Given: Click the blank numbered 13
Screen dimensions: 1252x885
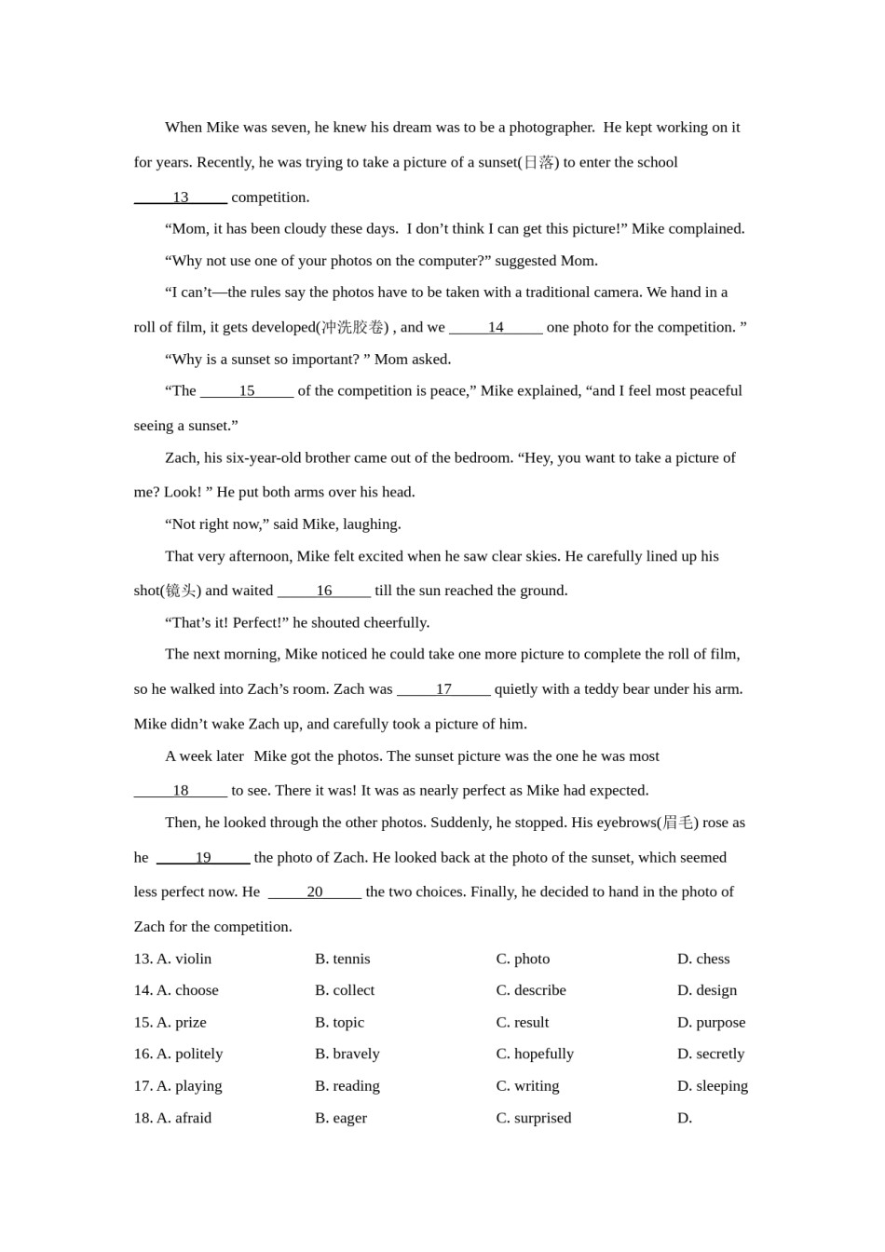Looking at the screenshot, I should (181, 197).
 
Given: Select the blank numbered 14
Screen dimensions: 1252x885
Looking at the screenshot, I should (496, 327).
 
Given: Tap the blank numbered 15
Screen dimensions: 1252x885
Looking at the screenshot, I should (247, 391).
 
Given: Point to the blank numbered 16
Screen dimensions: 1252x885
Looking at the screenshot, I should (324, 591).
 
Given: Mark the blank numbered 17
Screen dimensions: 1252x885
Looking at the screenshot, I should (443, 689).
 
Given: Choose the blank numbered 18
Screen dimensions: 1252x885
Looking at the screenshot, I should (181, 791).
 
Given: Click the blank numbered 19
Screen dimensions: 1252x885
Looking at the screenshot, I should (203, 858).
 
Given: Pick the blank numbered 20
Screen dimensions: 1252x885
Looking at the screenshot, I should (315, 892).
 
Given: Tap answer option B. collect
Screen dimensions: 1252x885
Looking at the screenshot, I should (345, 991).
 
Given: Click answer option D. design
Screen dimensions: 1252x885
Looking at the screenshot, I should (707, 991).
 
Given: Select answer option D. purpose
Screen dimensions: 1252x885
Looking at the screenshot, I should (711, 1023).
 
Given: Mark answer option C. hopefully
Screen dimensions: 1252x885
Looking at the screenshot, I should (535, 1055).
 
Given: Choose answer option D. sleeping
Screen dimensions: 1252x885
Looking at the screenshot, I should (713, 1086).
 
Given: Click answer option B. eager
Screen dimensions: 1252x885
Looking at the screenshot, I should (341, 1119).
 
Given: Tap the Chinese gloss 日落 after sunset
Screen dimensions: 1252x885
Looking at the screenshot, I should (538, 163).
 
